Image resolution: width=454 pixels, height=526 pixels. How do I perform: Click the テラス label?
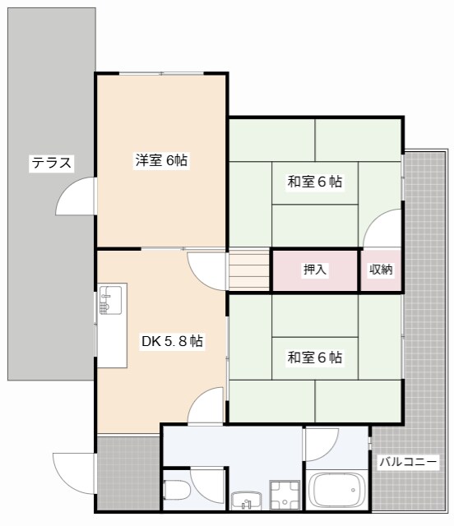pos(51,163)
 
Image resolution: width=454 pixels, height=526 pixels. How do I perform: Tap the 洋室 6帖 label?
pos(161,161)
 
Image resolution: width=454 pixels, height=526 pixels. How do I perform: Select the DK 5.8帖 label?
pos(172,341)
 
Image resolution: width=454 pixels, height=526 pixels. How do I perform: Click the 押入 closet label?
pos(315,269)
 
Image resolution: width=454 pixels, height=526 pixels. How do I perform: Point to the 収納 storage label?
pos(381,269)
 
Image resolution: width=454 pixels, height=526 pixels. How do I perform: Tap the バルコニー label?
pos(408,462)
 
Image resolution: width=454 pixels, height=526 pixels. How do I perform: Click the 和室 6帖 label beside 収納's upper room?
pos(315,182)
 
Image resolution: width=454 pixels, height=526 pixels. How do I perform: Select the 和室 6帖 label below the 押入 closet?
pos(315,358)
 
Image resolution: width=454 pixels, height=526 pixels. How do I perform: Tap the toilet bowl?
pos(177,491)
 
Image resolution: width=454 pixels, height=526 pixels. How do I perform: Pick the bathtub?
pos(336,491)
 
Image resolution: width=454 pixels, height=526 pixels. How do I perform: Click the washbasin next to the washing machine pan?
pos(244,499)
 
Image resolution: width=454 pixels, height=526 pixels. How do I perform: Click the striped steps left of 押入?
pos(250,270)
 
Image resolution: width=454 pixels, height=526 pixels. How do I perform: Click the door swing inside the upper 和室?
pos(384,228)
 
